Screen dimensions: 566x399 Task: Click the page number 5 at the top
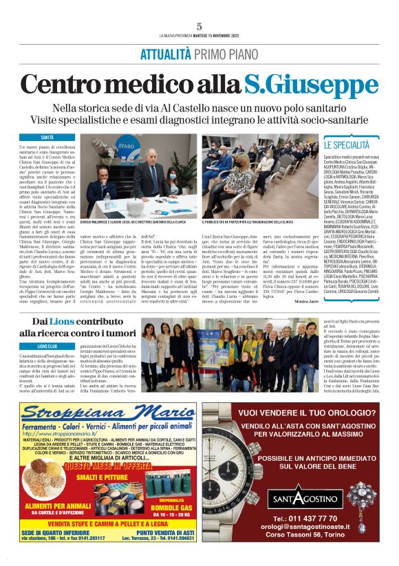(x=199, y=26)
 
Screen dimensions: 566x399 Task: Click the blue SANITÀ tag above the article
(x=47, y=138)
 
